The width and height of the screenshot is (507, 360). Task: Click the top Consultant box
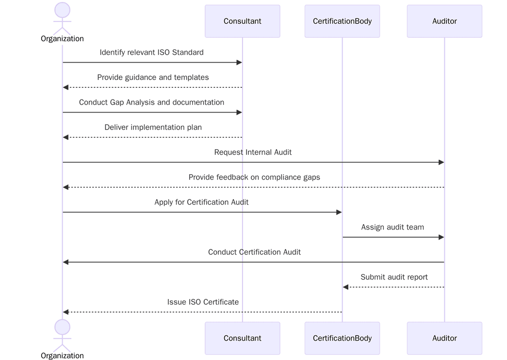(x=242, y=21)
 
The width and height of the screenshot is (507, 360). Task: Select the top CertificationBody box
(x=342, y=21)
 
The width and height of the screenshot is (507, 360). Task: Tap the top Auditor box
(x=444, y=21)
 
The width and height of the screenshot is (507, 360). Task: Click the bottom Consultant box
(x=242, y=338)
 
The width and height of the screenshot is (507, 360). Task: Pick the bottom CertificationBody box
(x=342, y=338)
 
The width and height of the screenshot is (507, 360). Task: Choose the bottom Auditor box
(x=444, y=338)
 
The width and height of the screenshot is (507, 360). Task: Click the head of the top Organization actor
(x=62, y=10)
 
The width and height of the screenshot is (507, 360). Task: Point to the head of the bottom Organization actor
(x=62, y=327)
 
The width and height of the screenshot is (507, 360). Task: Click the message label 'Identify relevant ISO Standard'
(x=151, y=52)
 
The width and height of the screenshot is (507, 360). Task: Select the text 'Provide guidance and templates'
(x=153, y=78)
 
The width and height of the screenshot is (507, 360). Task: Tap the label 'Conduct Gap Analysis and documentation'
(x=151, y=102)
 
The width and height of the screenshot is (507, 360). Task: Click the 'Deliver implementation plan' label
(x=153, y=128)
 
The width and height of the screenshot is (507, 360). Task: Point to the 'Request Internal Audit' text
(x=253, y=152)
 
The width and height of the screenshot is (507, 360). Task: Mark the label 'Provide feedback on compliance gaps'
(x=254, y=178)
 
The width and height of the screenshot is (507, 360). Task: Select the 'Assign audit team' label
(x=393, y=227)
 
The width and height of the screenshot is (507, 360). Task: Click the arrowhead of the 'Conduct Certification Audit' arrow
(x=66, y=262)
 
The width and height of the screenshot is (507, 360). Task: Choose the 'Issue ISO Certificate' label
(x=203, y=302)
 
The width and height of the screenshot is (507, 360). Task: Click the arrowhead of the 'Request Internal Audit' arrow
(x=441, y=162)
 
